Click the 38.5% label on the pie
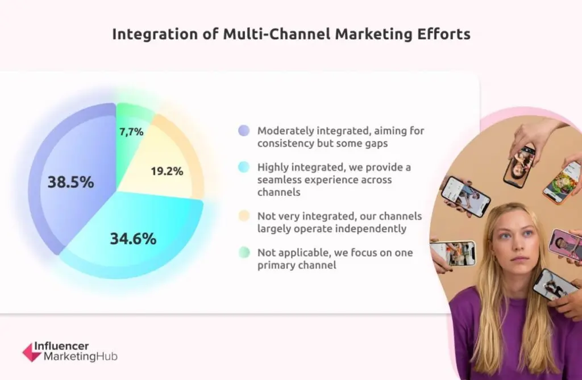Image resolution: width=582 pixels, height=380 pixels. click(70, 182)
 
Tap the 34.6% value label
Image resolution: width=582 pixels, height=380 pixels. click(133, 239)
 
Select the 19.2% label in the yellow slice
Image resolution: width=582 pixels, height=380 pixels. click(167, 171)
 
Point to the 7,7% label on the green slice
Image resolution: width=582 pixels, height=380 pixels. click(131, 132)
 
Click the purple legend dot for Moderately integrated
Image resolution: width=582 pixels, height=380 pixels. click(244, 131)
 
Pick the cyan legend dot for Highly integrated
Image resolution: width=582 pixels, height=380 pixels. click(244, 167)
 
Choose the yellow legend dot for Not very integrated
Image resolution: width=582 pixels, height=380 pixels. click(244, 216)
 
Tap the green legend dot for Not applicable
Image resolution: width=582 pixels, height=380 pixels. click(244, 252)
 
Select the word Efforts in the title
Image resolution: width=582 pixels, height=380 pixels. click(444, 34)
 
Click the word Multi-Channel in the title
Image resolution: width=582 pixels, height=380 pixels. click(277, 34)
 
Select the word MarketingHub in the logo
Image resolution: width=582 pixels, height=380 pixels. click(81, 357)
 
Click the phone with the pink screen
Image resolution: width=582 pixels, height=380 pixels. click(564, 245)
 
